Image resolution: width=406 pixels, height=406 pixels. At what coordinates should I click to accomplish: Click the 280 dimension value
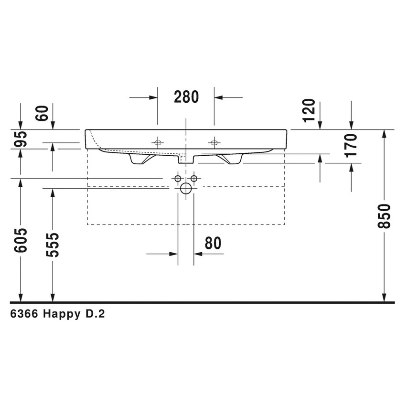[x=186, y=97]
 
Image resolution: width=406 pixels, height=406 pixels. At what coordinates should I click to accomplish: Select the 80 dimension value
[x=213, y=244]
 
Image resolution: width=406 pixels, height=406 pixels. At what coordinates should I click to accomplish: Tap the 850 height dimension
[x=385, y=216]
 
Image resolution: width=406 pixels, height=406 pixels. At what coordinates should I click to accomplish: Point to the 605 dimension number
[x=21, y=240]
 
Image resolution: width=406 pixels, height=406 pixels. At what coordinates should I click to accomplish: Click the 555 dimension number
[x=53, y=245]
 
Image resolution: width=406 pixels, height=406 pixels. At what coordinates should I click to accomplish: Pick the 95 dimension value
[x=21, y=139]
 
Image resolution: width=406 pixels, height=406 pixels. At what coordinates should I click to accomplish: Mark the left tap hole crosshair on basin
[x=158, y=142]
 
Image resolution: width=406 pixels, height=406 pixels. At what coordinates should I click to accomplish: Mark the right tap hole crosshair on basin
[x=214, y=142]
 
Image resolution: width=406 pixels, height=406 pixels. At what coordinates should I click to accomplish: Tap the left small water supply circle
[x=178, y=179]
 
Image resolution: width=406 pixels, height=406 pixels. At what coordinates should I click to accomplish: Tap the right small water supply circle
[x=194, y=179]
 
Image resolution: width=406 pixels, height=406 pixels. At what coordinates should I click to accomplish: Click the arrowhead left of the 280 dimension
[x=153, y=97]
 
